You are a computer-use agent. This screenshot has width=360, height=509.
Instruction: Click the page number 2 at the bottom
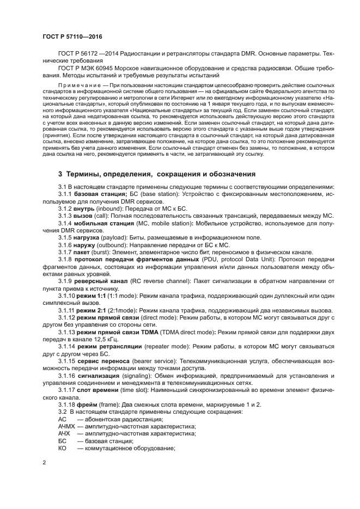(x=44, y=462)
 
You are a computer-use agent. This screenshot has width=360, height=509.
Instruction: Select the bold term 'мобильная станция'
(x=106, y=224)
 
